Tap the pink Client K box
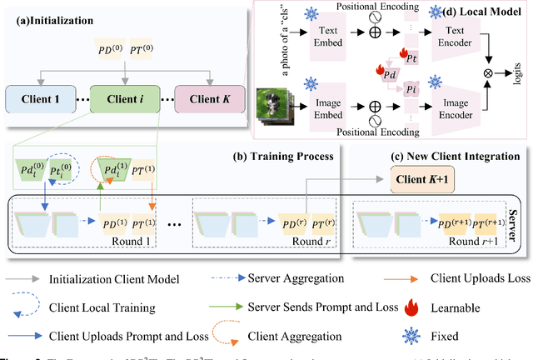pos(205,101)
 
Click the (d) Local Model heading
pos(481,13)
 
